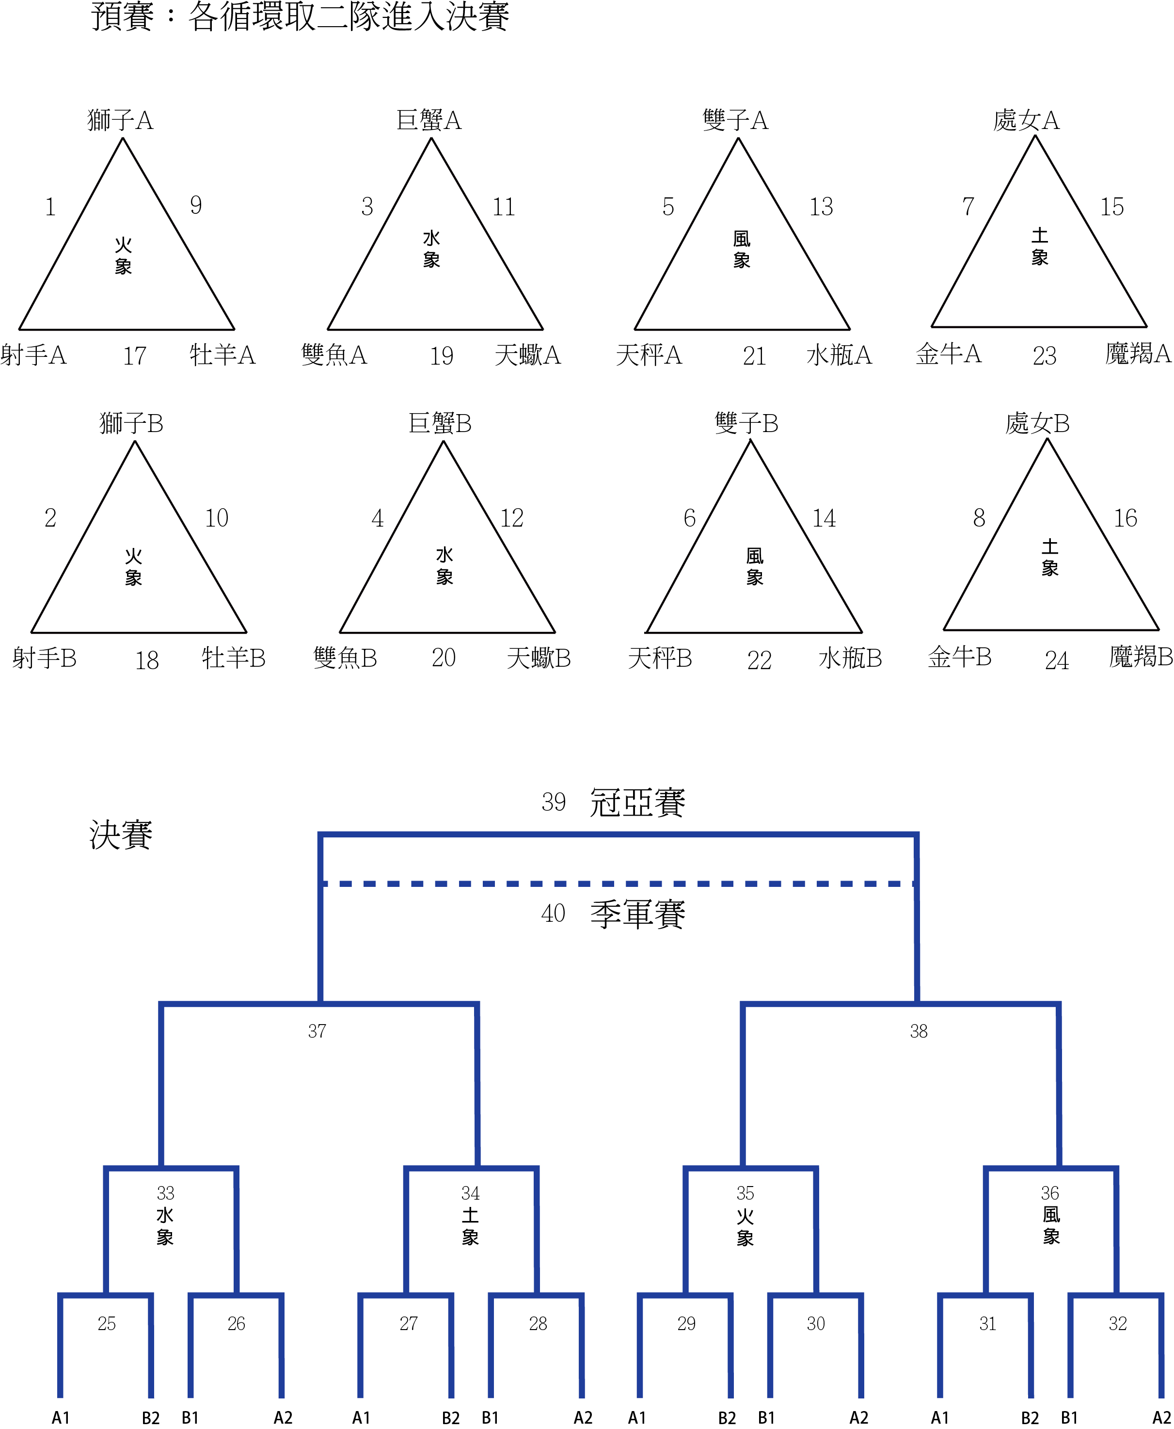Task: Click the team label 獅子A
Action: [x=120, y=120]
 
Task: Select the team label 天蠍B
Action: [x=539, y=658]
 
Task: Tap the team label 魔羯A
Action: [x=1138, y=353]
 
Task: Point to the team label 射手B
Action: [x=45, y=658]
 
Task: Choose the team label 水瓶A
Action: [x=839, y=354]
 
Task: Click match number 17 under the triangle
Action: [x=135, y=356]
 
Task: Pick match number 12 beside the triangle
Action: [x=512, y=518]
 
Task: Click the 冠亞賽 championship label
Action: [x=638, y=803]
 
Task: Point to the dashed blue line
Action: [x=618, y=883]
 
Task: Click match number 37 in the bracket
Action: [x=317, y=1031]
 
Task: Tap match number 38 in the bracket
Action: [x=919, y=1031]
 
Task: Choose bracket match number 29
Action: [x=686, y=1323]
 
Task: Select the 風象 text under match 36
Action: [x=1051, y=1225]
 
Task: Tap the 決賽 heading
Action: [x=121, y=835]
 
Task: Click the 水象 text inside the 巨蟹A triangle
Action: [x=431, y=249]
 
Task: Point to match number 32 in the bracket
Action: [x=1118, y=1323]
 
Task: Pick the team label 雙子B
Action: [x=746, y=423]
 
